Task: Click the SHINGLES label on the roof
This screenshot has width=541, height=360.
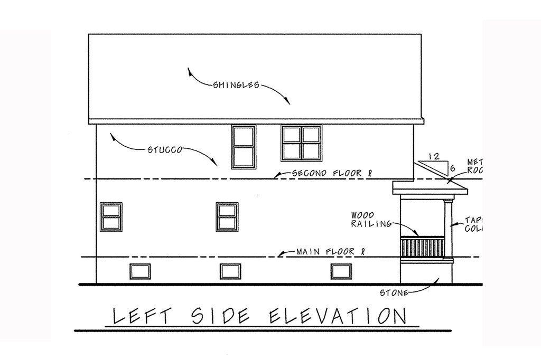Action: point(236,85)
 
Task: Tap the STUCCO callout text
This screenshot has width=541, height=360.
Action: point(165,149)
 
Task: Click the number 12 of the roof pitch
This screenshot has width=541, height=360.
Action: point(434,156)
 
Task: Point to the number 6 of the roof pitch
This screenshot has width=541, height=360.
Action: point(452,168)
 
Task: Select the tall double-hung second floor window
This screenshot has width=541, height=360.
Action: point(243,146)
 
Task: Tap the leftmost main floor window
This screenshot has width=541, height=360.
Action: point(111,216)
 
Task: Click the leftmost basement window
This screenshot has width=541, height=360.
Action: point(140,271)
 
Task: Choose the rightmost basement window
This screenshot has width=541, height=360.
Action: point(341,271)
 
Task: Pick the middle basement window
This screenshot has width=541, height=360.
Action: point(230,271)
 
